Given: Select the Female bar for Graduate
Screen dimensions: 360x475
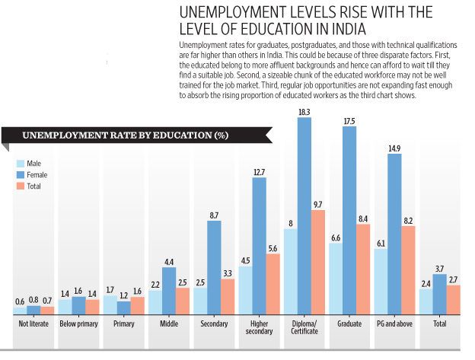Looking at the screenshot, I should pos(349,220).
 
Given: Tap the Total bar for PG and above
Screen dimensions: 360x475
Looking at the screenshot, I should pos(408,270).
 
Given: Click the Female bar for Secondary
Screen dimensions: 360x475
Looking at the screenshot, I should pos(214,267).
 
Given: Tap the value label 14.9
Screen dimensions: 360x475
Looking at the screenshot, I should pos(394,148).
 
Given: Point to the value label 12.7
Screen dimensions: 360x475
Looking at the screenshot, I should pos(259,172).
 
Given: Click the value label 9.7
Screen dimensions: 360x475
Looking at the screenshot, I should pos(319,205).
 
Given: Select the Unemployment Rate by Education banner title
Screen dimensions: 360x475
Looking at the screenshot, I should pos(126,135).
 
